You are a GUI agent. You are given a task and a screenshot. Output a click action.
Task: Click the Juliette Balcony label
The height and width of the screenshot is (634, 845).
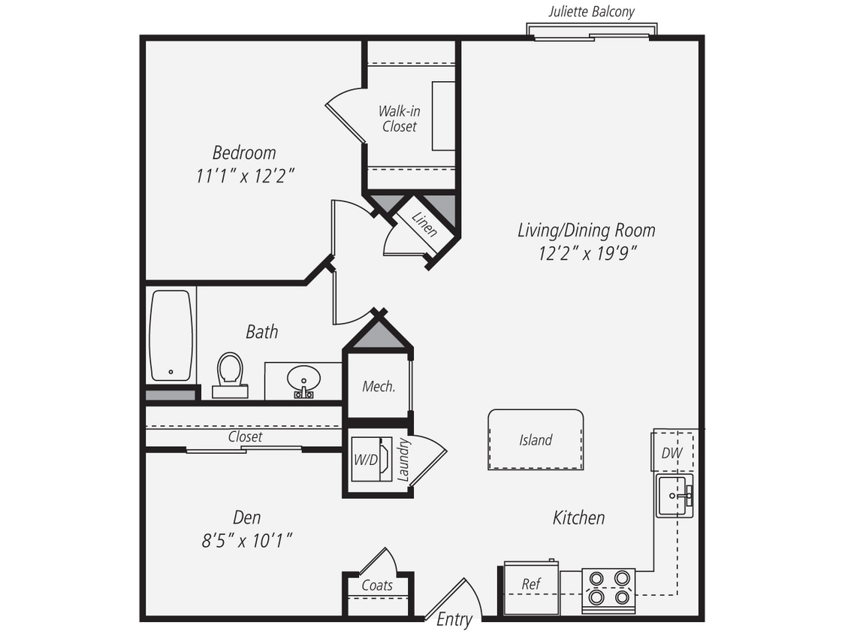click(591, 11)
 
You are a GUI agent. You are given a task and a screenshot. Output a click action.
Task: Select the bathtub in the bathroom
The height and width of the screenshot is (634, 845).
click(171, 335)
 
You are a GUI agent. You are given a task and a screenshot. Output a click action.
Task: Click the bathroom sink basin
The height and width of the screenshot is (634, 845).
click(303, 378)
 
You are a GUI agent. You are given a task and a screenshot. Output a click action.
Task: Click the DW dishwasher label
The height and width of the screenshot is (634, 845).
click(671, 453)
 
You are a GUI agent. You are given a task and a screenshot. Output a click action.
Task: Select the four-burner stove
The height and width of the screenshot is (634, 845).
click(608, 587)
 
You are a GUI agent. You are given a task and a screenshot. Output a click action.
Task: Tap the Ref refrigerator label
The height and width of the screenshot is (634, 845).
click(530, 584)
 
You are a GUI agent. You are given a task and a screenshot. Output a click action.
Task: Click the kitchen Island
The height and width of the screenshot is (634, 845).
click(536, 439)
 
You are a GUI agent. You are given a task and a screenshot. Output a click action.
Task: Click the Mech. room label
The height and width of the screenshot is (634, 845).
click(379, 387)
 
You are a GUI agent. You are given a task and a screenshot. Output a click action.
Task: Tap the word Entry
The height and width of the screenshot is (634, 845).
click(454, 619)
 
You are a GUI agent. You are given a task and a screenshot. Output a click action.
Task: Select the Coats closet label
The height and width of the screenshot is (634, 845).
click(377, 585)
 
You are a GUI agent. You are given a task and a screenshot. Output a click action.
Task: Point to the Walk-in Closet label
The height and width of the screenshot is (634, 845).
click(399, 119)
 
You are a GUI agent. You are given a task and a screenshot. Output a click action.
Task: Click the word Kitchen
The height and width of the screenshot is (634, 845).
click(578, 517)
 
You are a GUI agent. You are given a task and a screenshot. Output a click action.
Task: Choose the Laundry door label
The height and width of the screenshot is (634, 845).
click(403, 460)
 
